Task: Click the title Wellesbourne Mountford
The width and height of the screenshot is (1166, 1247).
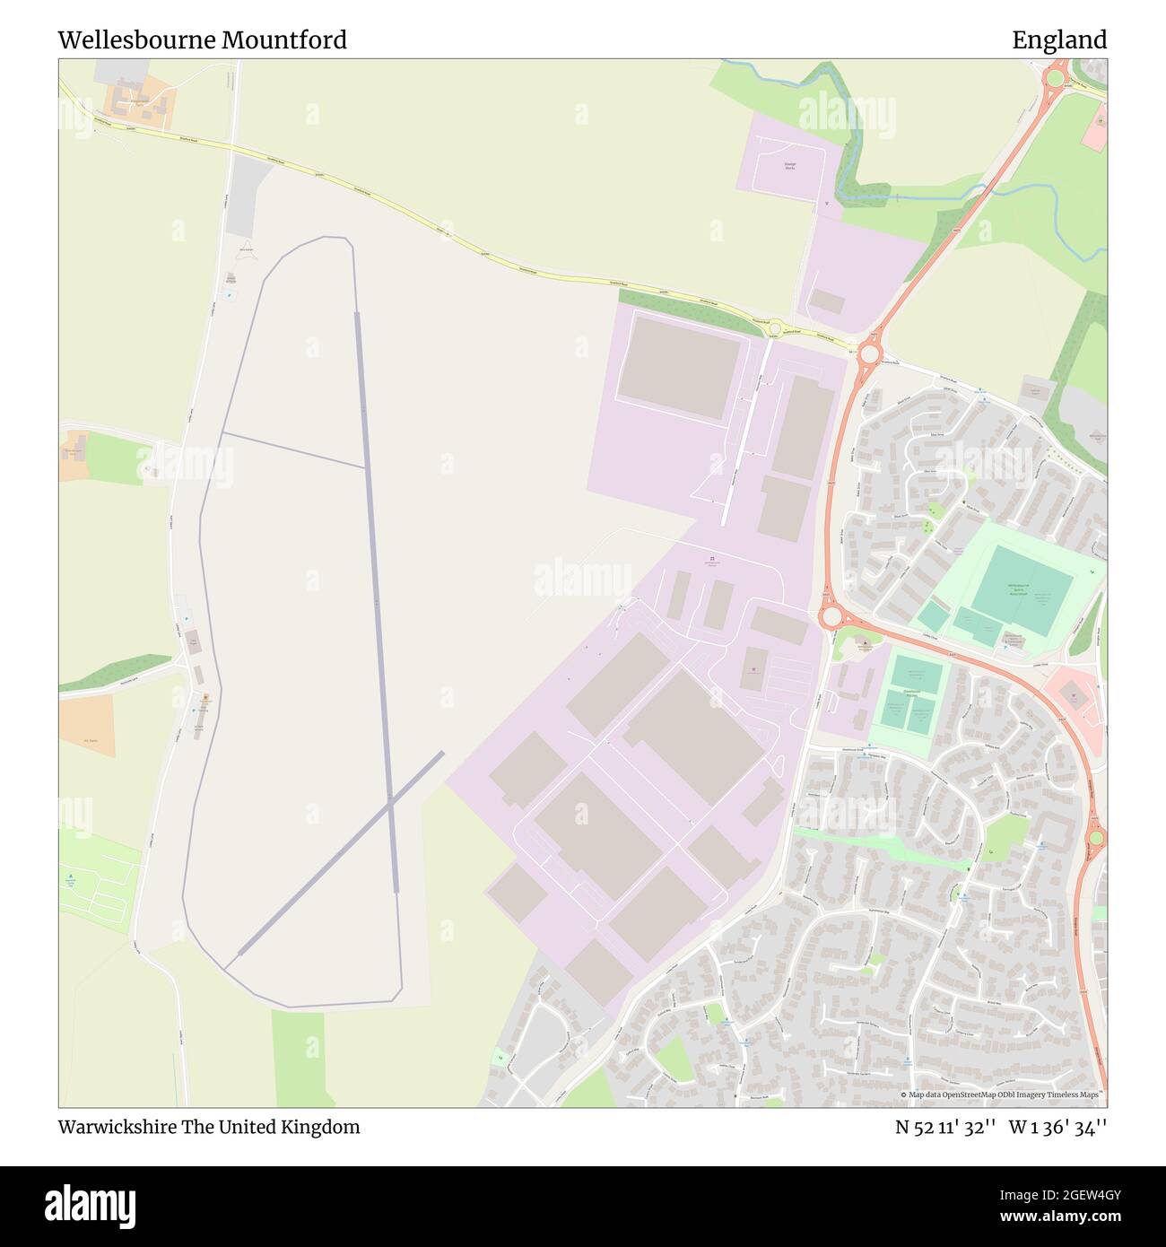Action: tap(202, 40)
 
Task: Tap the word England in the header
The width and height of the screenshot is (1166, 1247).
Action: tap(1059, 40)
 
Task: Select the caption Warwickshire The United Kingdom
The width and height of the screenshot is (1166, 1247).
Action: tap(209, 1127)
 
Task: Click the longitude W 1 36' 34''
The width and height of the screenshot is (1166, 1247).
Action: tap(1057, 1127)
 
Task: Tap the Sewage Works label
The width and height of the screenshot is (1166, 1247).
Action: tap(789, 166)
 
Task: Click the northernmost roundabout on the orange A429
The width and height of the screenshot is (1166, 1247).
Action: tap(1054, 78)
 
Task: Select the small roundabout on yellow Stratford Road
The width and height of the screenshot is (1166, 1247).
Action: tap(774, 329)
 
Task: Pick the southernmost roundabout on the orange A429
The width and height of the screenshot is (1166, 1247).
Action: tap(1096, 839)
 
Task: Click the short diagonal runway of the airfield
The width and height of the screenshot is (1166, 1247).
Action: tap(341, 852)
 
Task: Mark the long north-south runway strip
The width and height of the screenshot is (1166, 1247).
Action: tap(377, 601)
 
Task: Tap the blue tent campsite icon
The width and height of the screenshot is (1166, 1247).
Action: tap(71, 876)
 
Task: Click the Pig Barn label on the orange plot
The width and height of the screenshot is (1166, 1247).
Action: tap(90, 740)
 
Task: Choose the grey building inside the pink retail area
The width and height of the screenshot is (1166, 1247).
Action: tap(1074, 693)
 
